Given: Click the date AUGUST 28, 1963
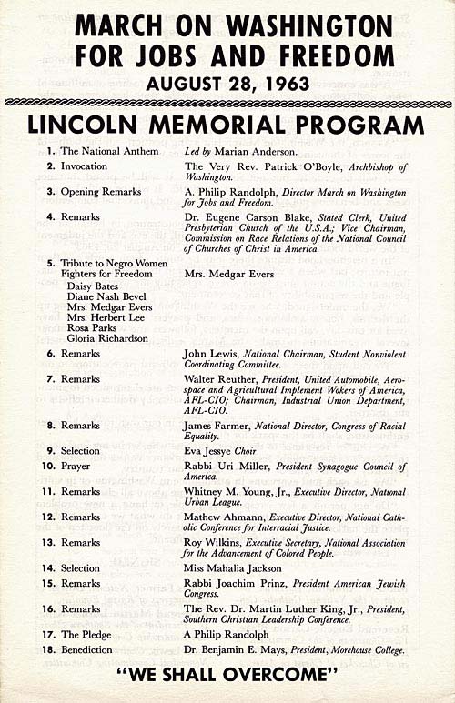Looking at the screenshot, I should [227, 85].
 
